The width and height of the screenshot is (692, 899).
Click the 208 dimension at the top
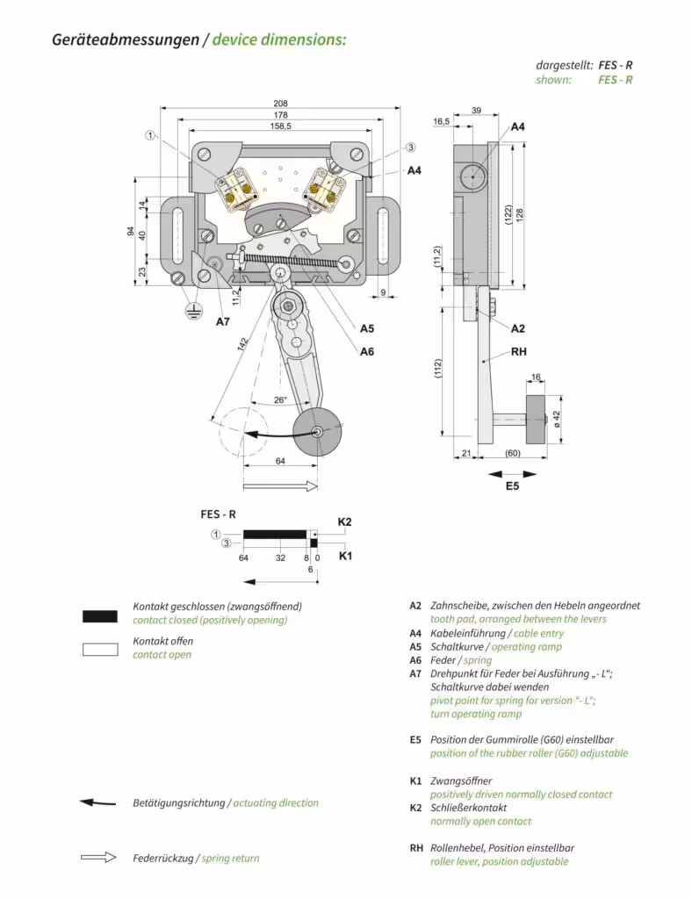(280, 104)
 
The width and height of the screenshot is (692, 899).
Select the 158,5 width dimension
(280, 127)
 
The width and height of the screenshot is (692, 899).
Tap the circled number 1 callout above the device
(150, 135)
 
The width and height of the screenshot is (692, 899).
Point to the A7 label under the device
(223, 322)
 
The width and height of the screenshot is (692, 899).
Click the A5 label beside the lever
(367, 328)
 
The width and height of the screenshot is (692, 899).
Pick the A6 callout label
(367, 351)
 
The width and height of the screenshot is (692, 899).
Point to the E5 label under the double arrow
(512, 485)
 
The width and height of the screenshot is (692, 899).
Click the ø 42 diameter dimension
(556, 414)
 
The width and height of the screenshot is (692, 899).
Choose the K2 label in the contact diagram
(345, 522)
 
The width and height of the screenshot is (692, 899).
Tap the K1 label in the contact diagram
(345, 556)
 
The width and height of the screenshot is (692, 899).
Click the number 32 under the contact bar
(280, 557)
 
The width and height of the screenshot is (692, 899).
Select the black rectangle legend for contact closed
(99, 616)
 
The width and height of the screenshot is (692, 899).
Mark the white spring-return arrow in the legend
(98, 858)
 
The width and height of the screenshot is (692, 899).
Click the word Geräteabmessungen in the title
(125, 40)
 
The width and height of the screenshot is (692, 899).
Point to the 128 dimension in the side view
(520, 215)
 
